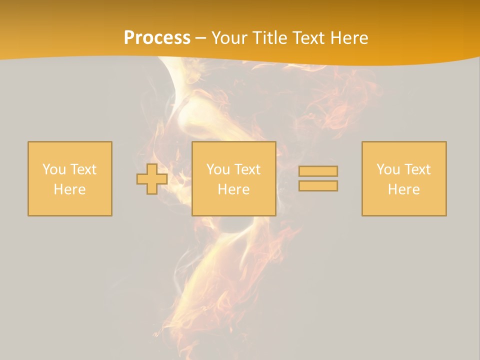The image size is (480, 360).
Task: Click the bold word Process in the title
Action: click(157, 38)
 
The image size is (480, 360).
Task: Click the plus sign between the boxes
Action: click(152, 179)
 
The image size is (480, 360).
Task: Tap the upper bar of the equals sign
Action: click(318, 171)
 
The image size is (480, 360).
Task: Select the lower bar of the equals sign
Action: click(318, 186)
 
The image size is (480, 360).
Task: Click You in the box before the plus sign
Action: click(53, 169)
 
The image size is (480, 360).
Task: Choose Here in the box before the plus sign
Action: click(69, 189)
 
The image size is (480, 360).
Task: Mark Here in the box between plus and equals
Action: click(233, 189)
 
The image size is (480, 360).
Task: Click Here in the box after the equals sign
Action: click(403, 189)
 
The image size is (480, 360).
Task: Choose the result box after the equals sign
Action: click(404, 205)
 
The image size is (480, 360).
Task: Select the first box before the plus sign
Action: click(70, 205)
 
